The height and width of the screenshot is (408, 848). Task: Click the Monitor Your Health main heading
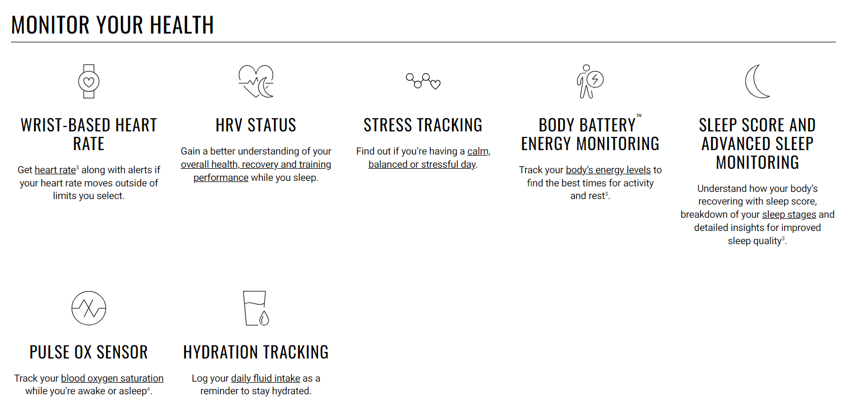tap(112, 25)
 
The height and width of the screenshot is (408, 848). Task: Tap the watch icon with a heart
tap(89, 81)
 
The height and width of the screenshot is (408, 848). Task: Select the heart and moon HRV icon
tap(256, 81)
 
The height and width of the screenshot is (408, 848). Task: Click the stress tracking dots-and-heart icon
tap(423, 81)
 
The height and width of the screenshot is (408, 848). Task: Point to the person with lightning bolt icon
tap(590, 81)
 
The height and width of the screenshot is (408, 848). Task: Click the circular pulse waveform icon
tap(89, 308)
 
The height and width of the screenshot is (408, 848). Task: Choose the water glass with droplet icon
tap(256, 308)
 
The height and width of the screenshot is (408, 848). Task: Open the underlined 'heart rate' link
tap(56, 170)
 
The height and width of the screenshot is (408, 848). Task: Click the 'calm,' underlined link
tap(478, 151)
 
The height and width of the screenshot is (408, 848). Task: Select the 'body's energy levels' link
tap(608, 170)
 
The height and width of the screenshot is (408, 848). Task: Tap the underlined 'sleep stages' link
tap(789, 214)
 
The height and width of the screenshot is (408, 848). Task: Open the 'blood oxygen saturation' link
tap(112, 378)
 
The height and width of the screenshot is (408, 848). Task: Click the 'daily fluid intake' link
tap(266, 378)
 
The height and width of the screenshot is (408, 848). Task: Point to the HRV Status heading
tap(256, 125)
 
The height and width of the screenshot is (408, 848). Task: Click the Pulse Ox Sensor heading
tap(89, 352)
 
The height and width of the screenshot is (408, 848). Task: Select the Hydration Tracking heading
tap(256, 352)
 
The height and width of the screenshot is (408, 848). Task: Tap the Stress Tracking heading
tap(423, 125)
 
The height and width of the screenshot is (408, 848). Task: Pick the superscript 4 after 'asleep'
tap(148, 389)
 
